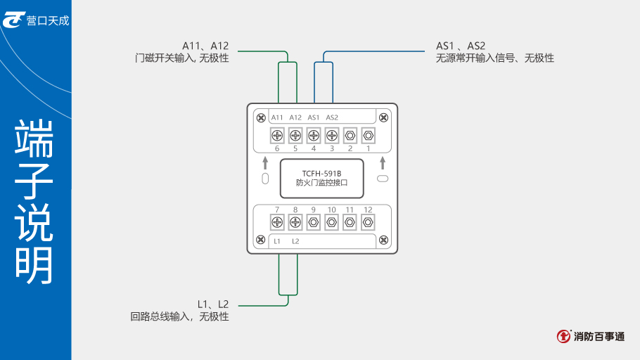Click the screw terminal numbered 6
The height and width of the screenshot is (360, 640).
277,135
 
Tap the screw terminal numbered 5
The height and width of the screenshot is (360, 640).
295,135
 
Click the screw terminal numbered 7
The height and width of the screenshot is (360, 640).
277,222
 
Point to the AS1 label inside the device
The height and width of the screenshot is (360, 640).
314,117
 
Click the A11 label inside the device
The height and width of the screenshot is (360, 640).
277,117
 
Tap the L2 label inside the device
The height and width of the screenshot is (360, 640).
295,241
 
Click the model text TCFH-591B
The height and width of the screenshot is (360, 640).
321,173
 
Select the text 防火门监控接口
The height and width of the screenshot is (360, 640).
321,184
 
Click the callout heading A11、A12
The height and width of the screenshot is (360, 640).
205,46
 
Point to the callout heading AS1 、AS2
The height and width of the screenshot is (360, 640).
461,46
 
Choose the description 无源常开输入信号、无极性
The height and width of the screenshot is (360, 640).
495,58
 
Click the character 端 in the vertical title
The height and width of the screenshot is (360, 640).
34,140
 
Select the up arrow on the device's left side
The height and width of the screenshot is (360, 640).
265,164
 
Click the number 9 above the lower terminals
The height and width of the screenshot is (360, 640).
314,210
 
